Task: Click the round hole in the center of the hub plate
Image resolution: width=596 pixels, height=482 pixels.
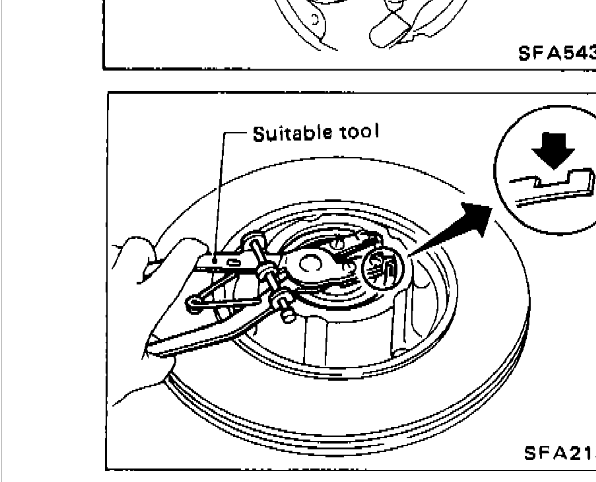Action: [x=311, y=265]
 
